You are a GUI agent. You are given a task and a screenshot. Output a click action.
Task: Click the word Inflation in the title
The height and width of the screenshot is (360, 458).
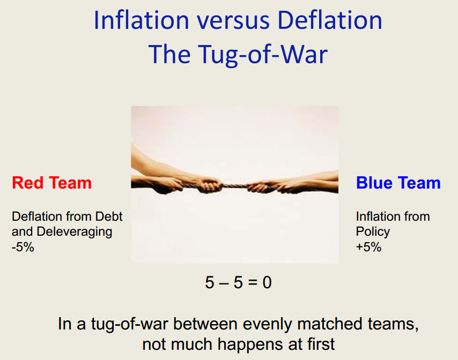[142, 20]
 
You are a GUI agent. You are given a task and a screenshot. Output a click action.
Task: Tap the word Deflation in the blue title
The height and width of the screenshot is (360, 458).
[330, 20]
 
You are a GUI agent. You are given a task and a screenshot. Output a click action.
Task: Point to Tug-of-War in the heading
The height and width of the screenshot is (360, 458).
[263, 55]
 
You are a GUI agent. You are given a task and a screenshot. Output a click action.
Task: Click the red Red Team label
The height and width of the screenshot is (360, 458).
[51, 183]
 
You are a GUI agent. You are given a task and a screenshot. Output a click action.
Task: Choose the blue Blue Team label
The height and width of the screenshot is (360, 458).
[398, 183]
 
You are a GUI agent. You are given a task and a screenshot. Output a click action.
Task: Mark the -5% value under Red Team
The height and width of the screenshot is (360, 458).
[23, 247]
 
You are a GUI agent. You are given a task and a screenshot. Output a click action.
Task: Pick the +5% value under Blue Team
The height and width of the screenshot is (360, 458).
[368, 247]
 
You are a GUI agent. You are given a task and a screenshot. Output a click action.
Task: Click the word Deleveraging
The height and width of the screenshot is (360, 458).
[75, 232]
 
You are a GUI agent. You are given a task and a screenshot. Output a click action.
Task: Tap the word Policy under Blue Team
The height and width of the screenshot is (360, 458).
[373, 232]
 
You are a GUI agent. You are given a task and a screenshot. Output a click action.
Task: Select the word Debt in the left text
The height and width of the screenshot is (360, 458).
[109, 216]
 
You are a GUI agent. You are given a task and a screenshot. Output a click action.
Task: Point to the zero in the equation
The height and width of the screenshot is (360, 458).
[267, 282]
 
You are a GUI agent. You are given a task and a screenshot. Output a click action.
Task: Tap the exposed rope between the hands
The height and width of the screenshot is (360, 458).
[235, 185]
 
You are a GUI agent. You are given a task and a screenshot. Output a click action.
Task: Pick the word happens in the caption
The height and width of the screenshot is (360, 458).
[250, 345]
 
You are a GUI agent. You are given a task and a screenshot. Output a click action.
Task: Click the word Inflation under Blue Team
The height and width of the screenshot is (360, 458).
[375, 216]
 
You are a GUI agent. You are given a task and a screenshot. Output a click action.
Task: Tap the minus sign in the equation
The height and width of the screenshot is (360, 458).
[224, 283]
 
